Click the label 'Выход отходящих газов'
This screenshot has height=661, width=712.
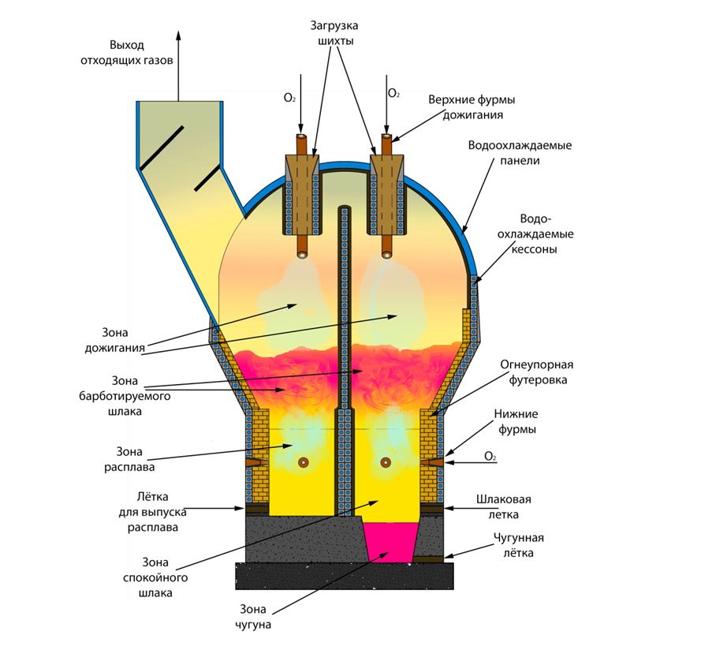[x=143, y=52]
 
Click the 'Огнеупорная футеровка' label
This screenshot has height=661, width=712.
[x=536, y=372]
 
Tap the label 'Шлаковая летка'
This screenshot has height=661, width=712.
[x=509, y=506]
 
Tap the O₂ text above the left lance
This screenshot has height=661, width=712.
[x=289, y=98]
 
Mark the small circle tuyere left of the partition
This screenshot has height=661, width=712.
[x=301, y=462]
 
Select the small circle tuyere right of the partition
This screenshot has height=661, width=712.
[x=386, y=462]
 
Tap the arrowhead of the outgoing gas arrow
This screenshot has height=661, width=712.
[x=177, y=35]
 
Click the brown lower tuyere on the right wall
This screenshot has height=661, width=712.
[x=436, y=461]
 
